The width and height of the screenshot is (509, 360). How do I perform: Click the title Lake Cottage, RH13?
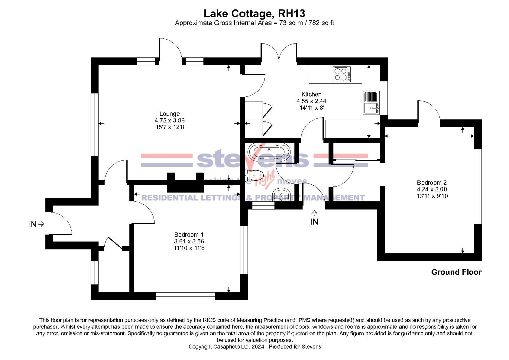click(x=254, y=14)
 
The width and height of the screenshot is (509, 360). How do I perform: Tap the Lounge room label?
click(x=169, y=114)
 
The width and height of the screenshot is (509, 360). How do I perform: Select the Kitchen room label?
click(x=311, y=94)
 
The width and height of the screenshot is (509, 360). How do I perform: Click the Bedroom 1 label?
click(x=189, y=235)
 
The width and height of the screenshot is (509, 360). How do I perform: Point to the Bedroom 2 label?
click(x=432, y=183)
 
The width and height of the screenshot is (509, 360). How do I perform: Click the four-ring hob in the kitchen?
click(x=342, y=74)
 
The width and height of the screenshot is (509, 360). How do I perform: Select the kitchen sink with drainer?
click(x=371, y=102)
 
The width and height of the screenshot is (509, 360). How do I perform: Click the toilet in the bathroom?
click(x=255, y=174)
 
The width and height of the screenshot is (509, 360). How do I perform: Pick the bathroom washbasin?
click(x=282, y=194)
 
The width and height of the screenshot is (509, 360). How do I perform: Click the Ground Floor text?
click(x=456, y=272)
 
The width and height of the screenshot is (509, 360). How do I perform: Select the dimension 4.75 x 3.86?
click(x=169, y=121)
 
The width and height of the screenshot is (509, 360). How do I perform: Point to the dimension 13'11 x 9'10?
click(x=432, y=196)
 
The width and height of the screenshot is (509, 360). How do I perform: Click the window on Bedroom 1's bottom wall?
click(x=185, y=296)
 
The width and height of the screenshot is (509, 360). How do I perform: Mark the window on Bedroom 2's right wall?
click(x=478, y=186)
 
